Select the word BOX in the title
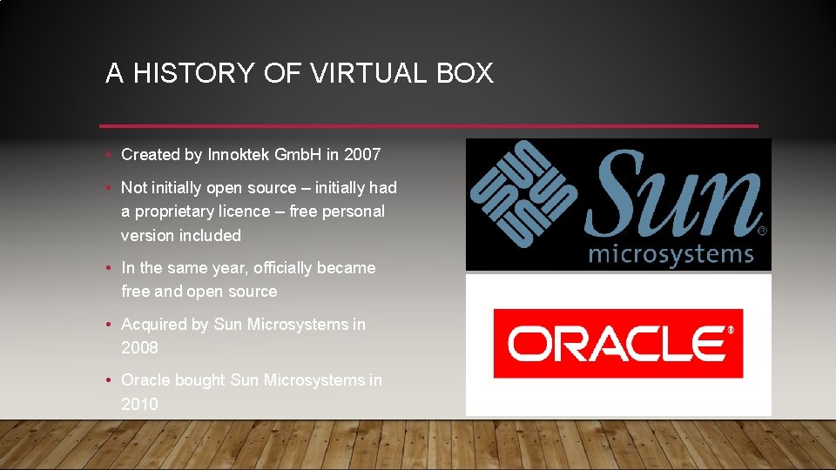(x=465, y=73)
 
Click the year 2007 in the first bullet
(x=362, y=155)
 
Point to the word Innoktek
(x=239, y=155)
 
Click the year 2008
(x=139, y=347)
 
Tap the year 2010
(x=139, y=404)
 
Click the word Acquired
(x=154, y=325)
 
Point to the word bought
(x=202, y=380)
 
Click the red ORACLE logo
(x=617, y=343)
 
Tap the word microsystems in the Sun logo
(x=671, y=253)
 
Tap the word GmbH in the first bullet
(x=298, y=155)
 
